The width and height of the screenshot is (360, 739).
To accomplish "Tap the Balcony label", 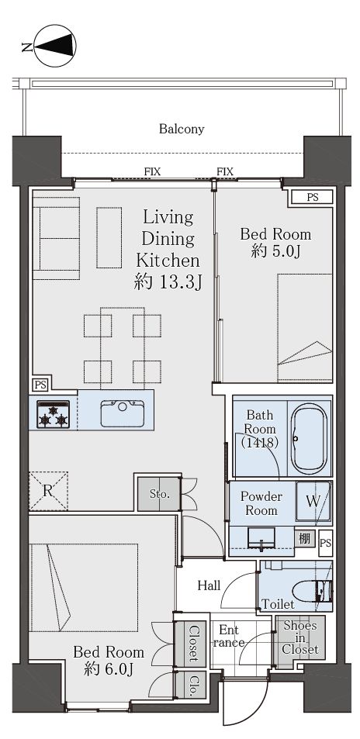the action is (182, 129).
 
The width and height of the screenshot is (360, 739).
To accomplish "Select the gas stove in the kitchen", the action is (54, 414).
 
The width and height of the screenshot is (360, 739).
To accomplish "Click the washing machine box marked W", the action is (313, 502).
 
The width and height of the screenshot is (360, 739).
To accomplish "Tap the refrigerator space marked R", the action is (47, 491).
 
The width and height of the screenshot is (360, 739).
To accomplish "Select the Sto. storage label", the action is (159, 495).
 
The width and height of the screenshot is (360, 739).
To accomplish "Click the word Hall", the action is (209, 585).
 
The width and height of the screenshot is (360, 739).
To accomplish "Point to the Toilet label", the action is (279, 604).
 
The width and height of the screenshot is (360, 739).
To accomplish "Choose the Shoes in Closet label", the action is (300, 637).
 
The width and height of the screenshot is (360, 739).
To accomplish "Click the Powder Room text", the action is (261, 503).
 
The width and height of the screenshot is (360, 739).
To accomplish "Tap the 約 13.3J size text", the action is (168, 283).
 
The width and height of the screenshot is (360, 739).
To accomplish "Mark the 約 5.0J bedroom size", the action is (276, 252).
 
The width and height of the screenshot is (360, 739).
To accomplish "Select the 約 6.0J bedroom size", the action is (109, 668).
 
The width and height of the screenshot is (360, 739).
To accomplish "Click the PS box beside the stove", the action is (40, 385).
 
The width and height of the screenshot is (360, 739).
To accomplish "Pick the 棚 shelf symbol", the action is (304, 538).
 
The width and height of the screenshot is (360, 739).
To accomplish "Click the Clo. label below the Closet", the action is (192, 684).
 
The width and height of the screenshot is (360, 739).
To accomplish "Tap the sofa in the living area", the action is (56, 239).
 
